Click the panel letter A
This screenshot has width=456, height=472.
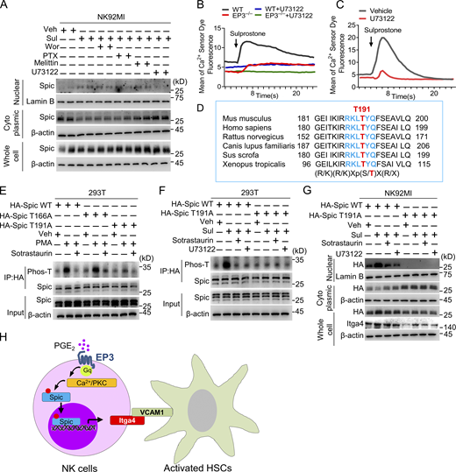pyautogui.click(x=6, y=6)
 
